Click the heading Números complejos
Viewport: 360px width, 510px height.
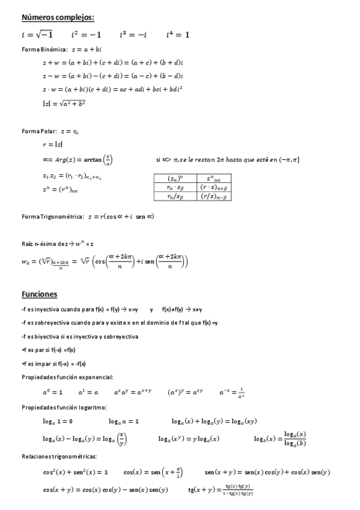coord(58,17)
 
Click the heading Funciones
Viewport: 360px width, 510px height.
coord(39,294)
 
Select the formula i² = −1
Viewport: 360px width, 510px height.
coord(86,35)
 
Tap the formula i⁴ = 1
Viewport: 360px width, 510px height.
coord(178,35)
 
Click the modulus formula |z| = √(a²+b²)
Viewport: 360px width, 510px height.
coord(64,103)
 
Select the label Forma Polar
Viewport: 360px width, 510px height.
coord(39,131)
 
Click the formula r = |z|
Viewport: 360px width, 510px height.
coord(52,145)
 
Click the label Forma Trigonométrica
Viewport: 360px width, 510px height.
coord(50,217)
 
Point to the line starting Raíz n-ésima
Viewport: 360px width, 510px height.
coord(57,244)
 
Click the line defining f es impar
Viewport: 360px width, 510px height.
coord(53,363)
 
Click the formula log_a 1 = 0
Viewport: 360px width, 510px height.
coord(58,421)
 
